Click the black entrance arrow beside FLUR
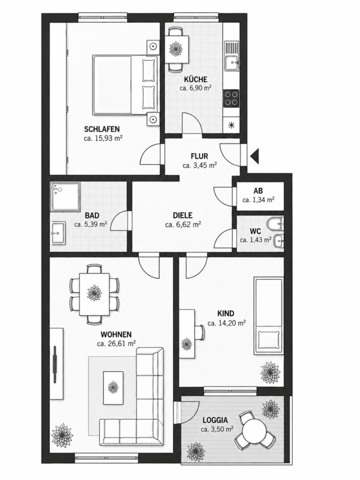pos(255,156)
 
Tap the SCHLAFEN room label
pos(102,129)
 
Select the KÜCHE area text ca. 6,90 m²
pos(196,88)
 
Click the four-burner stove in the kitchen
pos(231,98)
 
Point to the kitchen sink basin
pos(232,64)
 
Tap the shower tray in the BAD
pos(66,197)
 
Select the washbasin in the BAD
pos(58,233)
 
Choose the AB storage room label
pos(258,191)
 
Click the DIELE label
pos(183,215)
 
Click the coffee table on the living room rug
pos(114,387)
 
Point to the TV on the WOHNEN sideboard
pos(55,364)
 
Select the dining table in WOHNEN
pos(94,294)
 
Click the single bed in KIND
pos(268,316)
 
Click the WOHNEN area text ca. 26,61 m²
pos(116,343)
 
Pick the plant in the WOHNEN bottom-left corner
pos(63,435)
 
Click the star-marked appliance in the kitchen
pos(231,125)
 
